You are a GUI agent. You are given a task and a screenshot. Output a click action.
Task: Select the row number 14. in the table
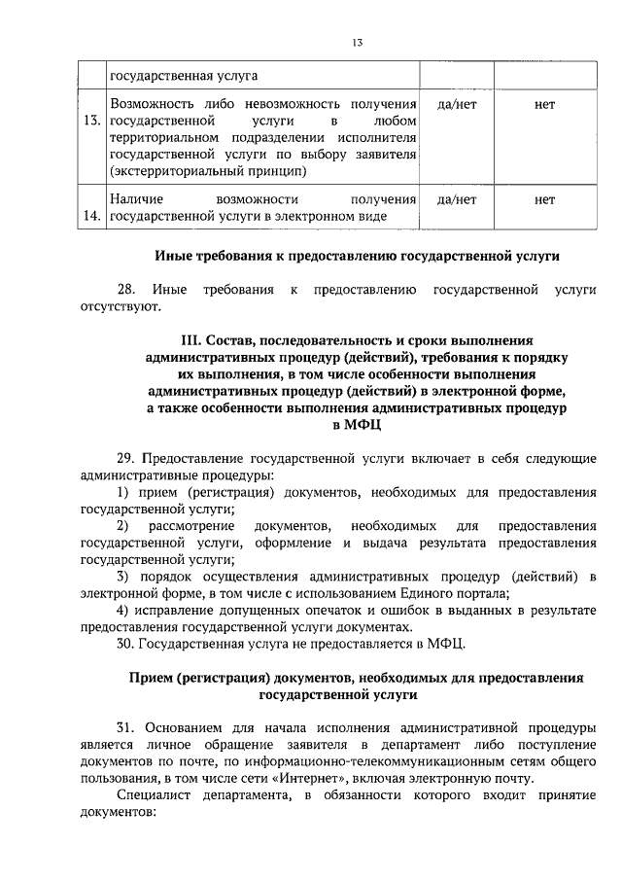pos(93,216)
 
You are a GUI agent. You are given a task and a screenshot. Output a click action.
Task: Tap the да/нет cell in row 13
pos(457,103)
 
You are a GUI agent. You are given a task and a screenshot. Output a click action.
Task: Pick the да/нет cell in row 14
pos(457,199)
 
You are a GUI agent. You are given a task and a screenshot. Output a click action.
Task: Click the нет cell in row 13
pos(544,103)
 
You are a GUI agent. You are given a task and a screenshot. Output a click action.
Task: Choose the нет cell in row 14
pos(544,199)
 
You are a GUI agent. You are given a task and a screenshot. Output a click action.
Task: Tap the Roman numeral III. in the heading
pos(192,341)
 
